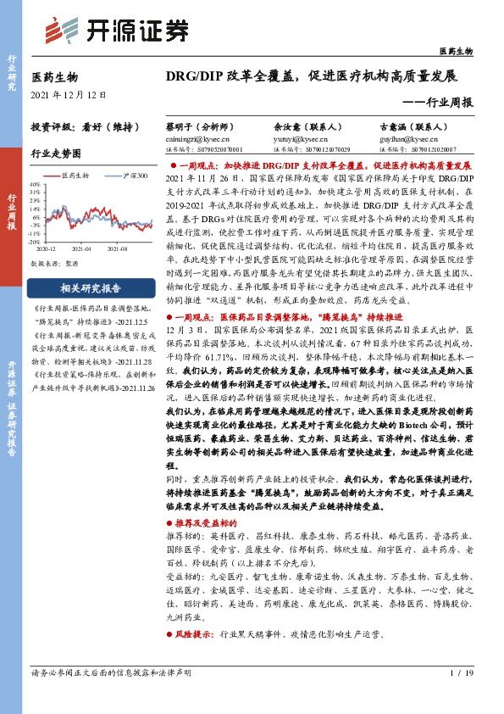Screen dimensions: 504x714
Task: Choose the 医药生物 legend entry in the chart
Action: pos(79,176)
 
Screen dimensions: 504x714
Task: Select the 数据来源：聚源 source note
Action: pos(55,264)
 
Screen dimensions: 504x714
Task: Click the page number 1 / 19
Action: pos(460,674)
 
